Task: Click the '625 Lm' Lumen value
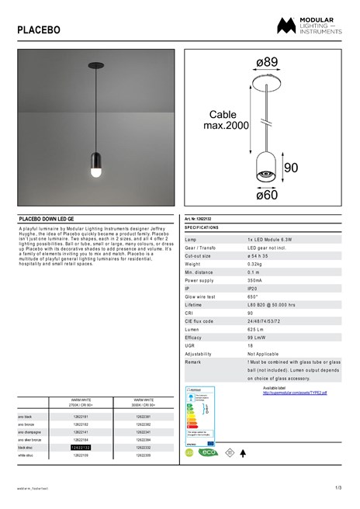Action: (x=256, y=329)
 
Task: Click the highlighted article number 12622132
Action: (x=81, y=448)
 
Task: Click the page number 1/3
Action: (x=338, y=487)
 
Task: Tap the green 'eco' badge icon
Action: (x=208, y=452)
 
